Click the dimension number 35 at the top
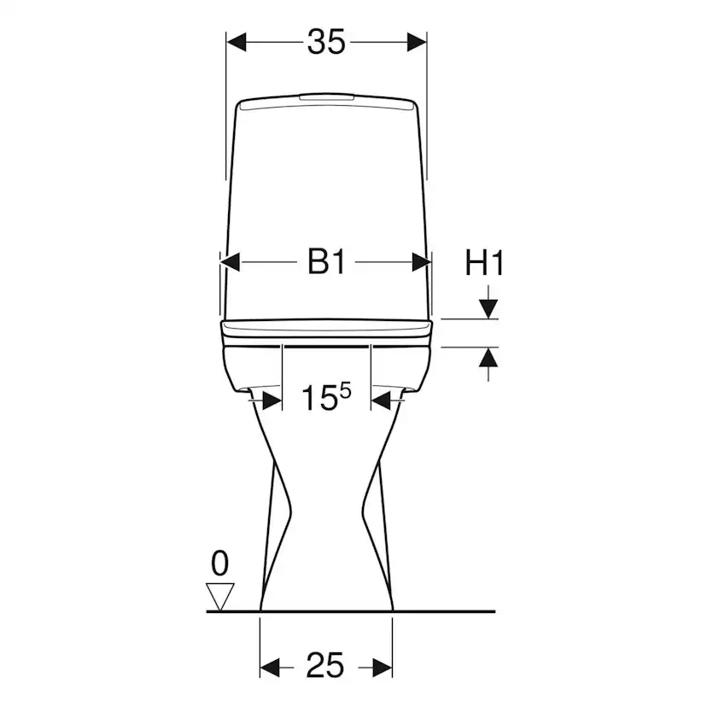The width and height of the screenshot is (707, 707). click(326, 42)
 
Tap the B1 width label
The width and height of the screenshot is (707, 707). click(326, 261)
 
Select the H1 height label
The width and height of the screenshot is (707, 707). click(484, 263)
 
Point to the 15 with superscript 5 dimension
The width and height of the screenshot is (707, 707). click(325, 397)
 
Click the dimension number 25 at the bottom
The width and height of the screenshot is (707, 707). click(324, 665)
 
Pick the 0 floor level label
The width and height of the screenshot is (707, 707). click(220, 564)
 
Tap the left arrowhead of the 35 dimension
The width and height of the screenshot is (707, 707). click(237, 42)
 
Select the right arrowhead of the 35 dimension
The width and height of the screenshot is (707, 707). click(417, 42)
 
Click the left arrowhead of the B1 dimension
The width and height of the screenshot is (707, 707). click(231, 262)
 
